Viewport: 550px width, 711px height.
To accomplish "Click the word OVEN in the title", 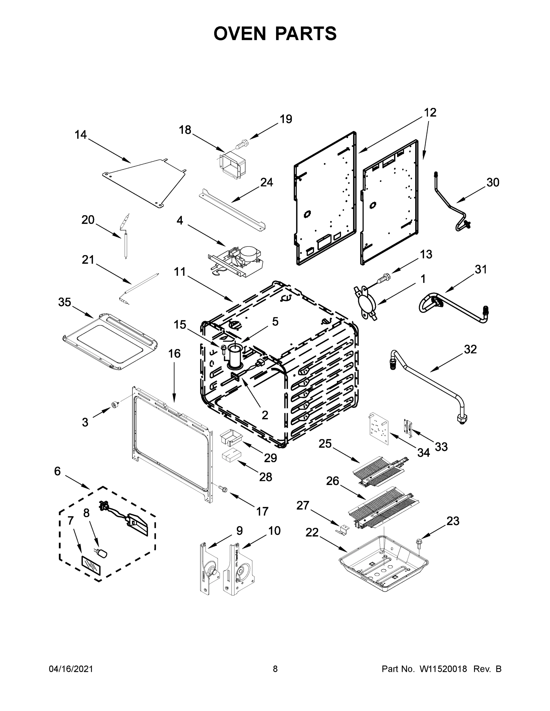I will point(240,33).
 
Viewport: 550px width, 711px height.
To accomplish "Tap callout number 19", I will point(286,119).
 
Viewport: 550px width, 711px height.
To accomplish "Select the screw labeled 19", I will point(242,144).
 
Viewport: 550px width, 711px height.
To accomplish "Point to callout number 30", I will point(493,182).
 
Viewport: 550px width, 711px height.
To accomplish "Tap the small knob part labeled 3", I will point(115,405).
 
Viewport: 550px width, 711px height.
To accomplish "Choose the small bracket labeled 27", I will point(342,530).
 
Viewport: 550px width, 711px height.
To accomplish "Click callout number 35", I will point(65,302).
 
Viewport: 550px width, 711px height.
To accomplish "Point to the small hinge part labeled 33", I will point(408,427).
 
